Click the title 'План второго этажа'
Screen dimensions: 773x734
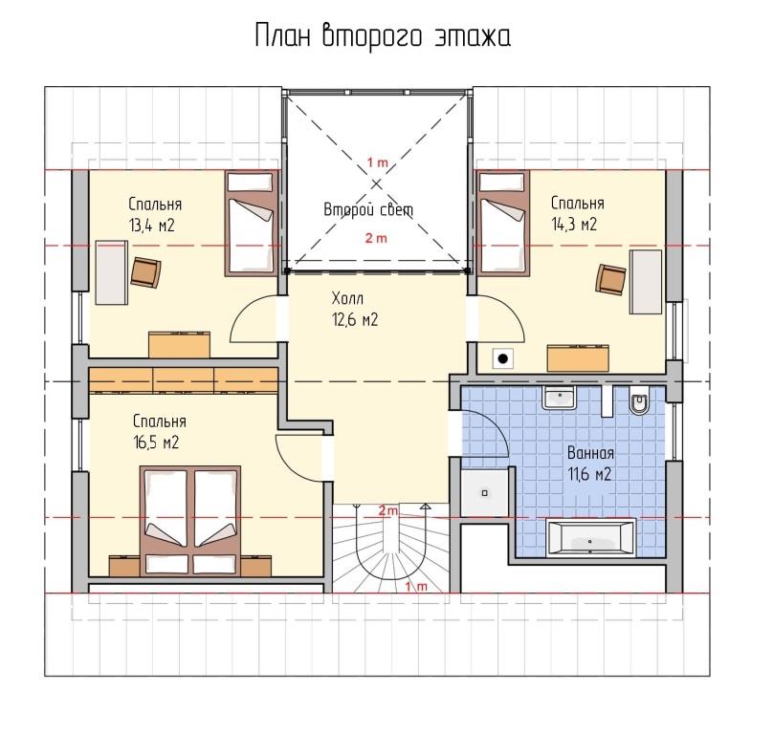[383, 37]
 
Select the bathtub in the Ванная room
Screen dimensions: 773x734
[591, 538]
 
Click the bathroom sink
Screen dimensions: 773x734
[559, 397]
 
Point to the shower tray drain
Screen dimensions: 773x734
[485, 492]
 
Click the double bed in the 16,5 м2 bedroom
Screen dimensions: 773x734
[190, 521]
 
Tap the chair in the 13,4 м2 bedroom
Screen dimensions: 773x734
[146, 272]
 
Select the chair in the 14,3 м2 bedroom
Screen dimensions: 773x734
[610, 280]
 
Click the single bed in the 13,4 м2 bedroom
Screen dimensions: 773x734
[250, 223]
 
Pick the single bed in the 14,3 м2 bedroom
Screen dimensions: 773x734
[502, 223]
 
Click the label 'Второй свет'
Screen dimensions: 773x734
[368, 210]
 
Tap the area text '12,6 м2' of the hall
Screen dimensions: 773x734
[355, 320]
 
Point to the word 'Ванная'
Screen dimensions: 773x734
[590, 453]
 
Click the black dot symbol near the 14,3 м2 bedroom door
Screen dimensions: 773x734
[503, 358]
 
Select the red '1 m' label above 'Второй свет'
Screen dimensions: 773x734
[377, 162]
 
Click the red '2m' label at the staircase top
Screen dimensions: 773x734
[388, 510]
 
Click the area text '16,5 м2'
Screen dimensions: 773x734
[156, 443]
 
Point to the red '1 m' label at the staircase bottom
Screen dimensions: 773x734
[416, 587]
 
